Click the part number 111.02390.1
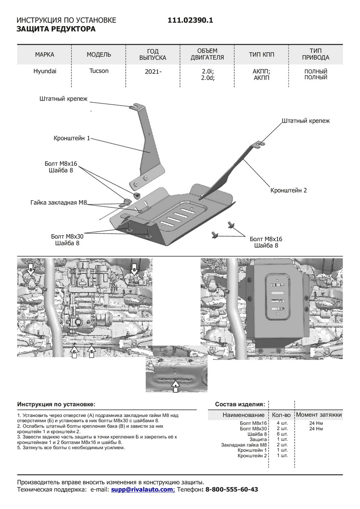[190, 20]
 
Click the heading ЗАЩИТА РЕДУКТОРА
[56, 29]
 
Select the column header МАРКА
[45, 55]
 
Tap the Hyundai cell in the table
[45, 71]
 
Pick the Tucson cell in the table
[99, 71]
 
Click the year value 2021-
[153, 72]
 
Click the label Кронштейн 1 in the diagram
[72, 138]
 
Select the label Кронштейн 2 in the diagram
[288, 190]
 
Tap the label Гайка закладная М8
[59, 203]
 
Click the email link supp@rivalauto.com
[142, 489]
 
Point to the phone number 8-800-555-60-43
[232, 489]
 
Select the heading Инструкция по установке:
[56, 405]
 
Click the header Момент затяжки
[318, 415]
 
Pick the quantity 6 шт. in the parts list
[282, 434]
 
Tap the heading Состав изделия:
[240, 404]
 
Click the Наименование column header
[243, 415]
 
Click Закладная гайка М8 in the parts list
[244, 445]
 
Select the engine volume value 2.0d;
[208, 78]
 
